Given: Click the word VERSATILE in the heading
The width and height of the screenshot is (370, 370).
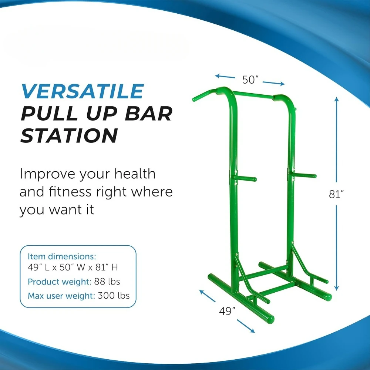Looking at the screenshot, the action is pos(83,91).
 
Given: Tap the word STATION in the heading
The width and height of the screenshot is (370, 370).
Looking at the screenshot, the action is pos(69,135).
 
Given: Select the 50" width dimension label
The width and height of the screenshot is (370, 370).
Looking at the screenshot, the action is pos(250,80).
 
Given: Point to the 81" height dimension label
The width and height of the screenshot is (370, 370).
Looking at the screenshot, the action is pos(336,194).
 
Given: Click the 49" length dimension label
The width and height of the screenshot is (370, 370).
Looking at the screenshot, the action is pos(227,311).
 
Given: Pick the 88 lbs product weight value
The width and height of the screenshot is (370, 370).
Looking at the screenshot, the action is pos(107,282).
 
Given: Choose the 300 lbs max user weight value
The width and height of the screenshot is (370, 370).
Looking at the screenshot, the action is pos(114,295).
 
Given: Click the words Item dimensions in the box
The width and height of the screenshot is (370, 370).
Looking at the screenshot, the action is pos(62,256).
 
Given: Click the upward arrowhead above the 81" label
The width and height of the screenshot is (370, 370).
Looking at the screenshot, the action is pos(336,99).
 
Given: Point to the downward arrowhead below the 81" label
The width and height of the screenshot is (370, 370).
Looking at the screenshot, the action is pos(336,288).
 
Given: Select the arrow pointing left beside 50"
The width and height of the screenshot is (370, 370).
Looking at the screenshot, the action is pos(225,77).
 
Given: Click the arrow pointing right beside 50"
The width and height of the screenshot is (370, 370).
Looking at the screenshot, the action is pos(274,83).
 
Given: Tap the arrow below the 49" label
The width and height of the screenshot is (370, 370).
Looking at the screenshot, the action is pos(246,326).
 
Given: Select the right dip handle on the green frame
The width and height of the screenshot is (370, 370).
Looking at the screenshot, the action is pos(304,175).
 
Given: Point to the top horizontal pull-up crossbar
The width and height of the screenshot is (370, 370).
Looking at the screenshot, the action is pos(253,95).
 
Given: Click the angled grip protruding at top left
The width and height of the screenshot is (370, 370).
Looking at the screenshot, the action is pos(204,95).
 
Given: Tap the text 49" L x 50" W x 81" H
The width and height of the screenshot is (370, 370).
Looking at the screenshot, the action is pos(73,268).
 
